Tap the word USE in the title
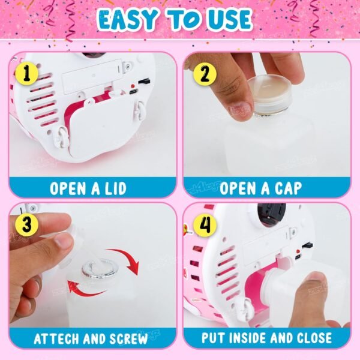point(230,19)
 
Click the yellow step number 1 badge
point(27,73)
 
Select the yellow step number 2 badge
point(205,74)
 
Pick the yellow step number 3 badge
point(27,224)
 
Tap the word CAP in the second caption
point(288,189)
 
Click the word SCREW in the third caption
point(128,338)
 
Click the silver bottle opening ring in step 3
point(100,269)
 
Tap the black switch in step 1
point(144,81)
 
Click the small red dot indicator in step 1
point(133,86)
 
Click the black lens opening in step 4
point(271,214)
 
